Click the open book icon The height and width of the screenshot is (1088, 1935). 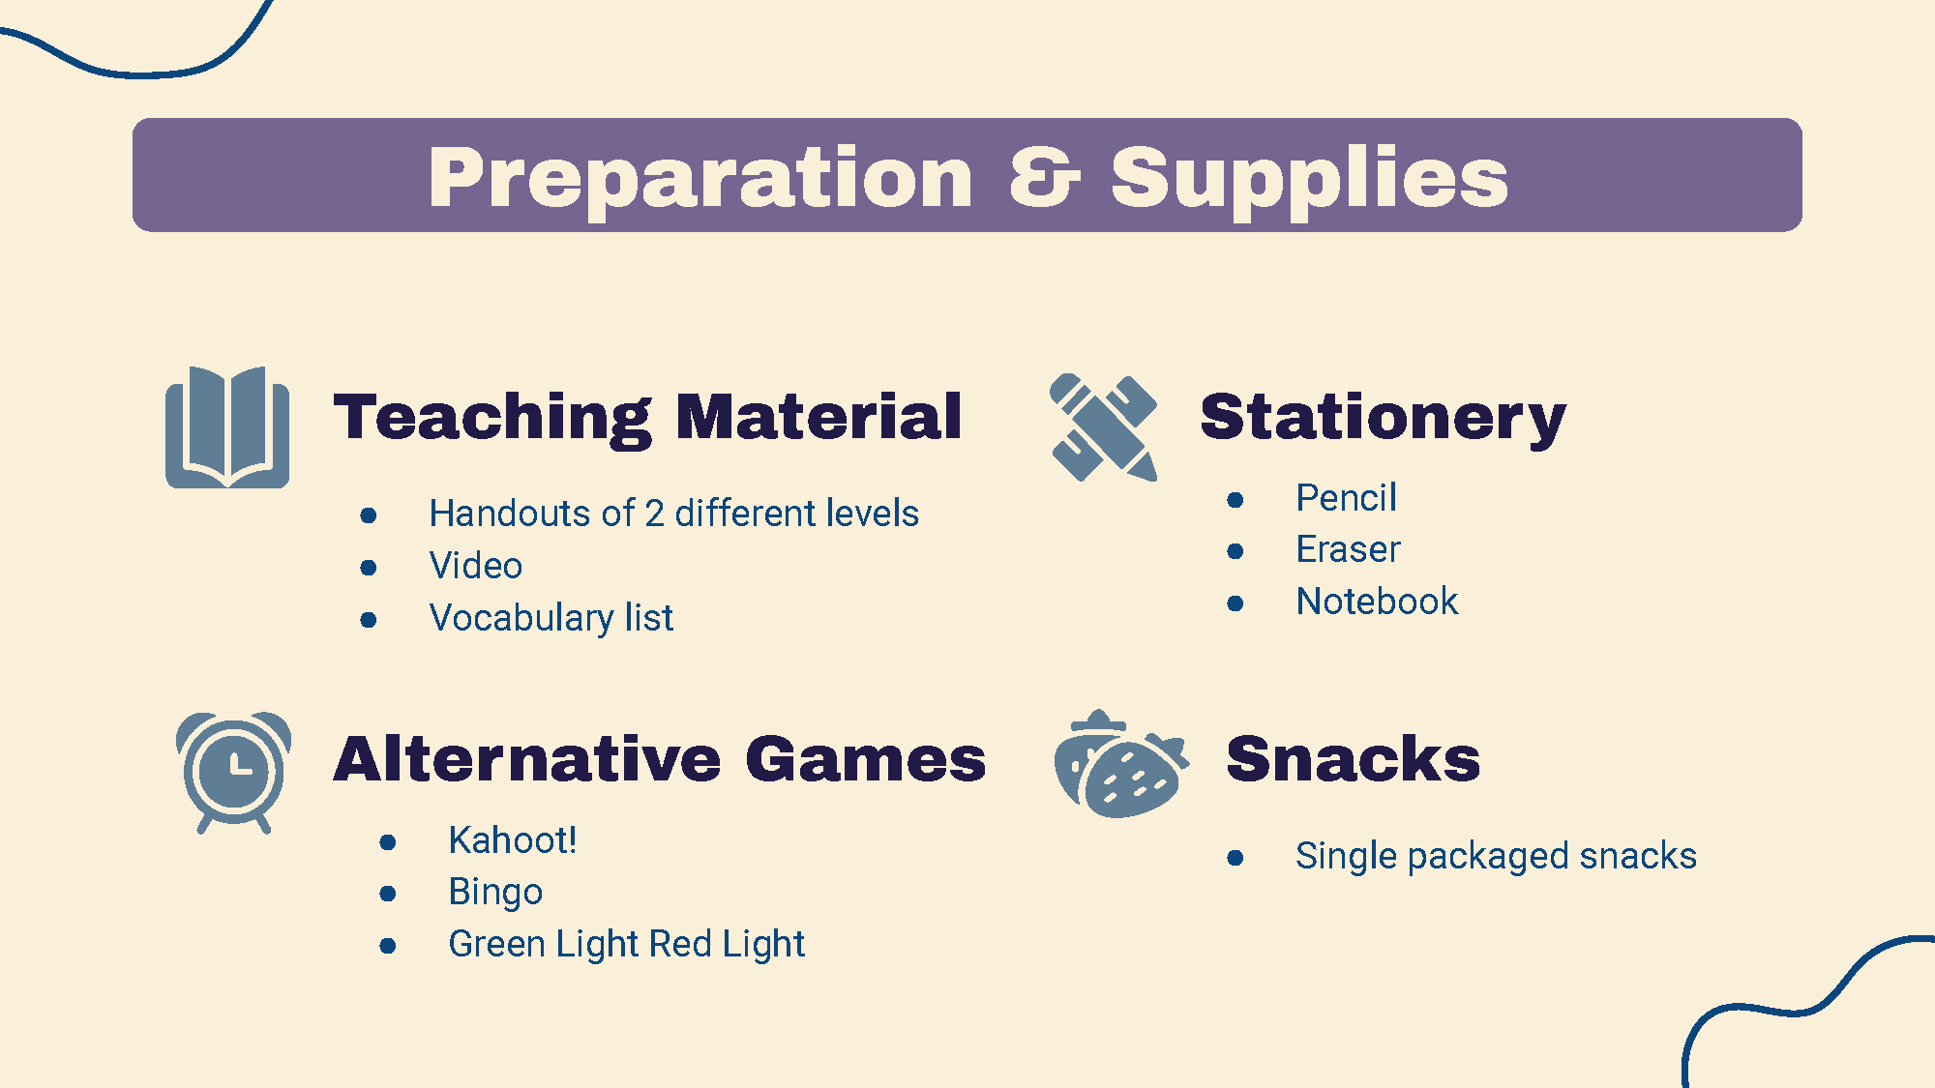point(227,427)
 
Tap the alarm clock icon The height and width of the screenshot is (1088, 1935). point(233,772)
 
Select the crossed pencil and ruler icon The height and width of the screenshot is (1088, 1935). point(1104,426)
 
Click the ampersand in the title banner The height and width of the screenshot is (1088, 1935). point(1044,177)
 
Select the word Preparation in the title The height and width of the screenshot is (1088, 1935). point(700,178)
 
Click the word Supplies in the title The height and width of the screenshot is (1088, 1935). point(1309,178)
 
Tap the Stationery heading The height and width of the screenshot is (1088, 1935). point(1383,418)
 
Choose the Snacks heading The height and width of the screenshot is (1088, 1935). point(1353,758)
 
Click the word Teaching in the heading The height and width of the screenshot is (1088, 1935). point(493,418)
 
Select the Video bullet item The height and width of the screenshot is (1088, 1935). point(475,566)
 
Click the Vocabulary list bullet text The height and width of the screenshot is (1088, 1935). point(551,618)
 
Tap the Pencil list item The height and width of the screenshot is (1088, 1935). point(1346,498)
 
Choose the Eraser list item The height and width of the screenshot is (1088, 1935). point(1348,549)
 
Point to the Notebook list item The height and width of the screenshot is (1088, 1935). point(1377,602)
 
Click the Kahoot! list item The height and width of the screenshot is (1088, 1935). point(513,840)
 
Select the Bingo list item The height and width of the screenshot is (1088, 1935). point(495,893)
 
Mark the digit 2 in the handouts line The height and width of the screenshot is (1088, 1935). point(655,514)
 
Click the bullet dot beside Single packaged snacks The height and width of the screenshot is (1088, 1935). point(1235,858)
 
